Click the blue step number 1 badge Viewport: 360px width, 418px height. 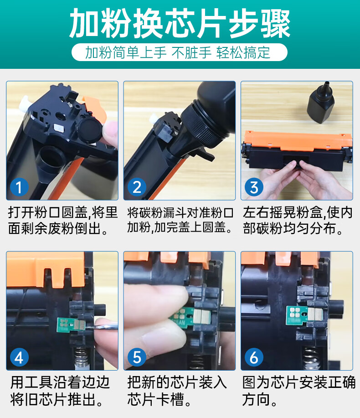pyautogui.click(x=19, y=187)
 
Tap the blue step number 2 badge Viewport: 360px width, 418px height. pyautogui.click(x=137, y=187)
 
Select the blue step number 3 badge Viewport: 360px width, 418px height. pyautogui.click(x=254, y=187)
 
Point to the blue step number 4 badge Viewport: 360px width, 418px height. pyautogui.click(x=19, y=357)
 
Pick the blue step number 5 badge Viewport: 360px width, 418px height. pyautogui.click(x=137, y=357)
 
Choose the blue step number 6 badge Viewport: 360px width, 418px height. pyautogui.click(x=254, y=357)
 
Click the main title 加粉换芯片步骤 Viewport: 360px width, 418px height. pyautogui.click(x=180, y=23)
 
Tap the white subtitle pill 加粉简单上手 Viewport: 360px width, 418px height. pyautogui.click(x=180, y=52)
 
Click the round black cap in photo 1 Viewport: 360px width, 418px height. pyautogui.click(x=90, y=131)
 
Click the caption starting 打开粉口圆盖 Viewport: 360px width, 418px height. pyautogui.click(x=62, y=221)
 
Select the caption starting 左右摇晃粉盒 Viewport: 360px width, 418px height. pyautogui.click(x=298, y=221)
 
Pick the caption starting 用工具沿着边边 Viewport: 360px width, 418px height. pyautogui.click(x=60, y=391)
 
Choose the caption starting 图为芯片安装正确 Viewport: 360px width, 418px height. pyautogui.click(x=299, y=391)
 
